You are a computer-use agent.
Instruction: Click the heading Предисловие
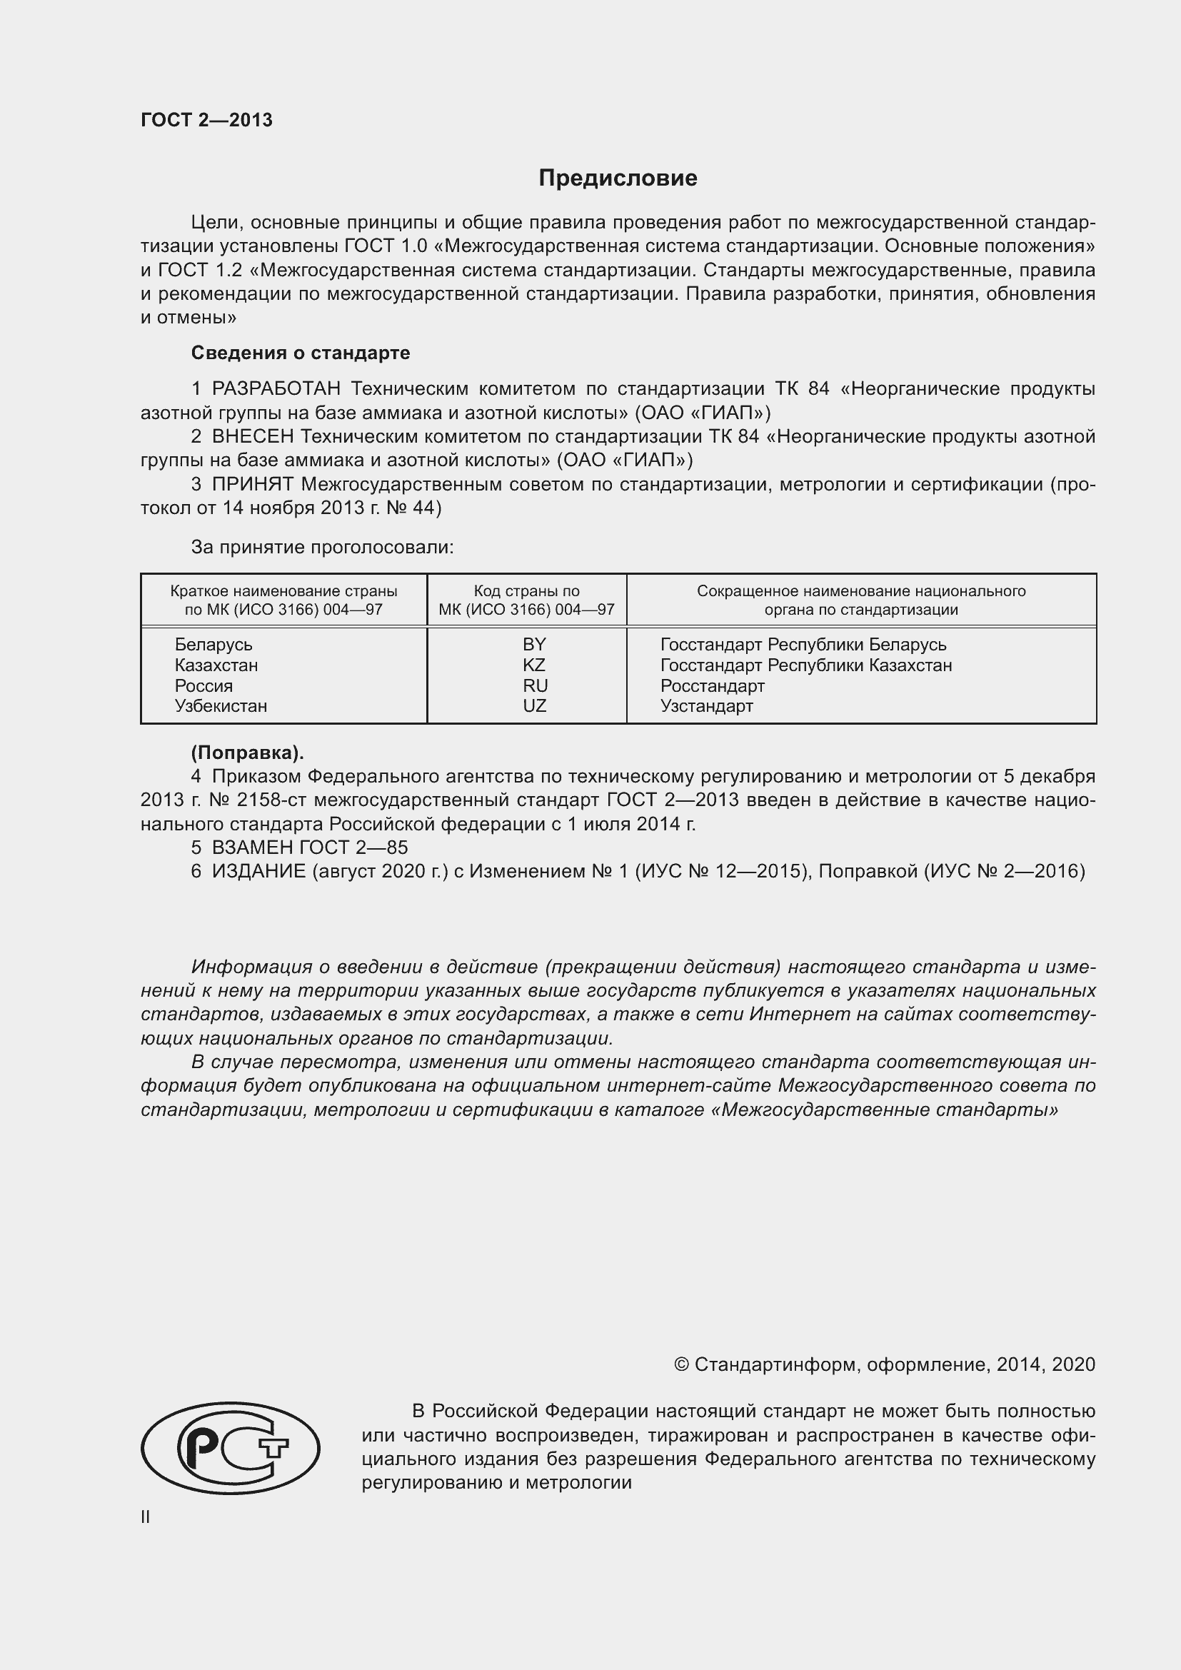[618, 178]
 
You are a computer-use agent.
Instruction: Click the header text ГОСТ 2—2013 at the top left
[206, 120]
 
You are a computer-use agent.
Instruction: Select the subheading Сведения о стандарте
[301, 353]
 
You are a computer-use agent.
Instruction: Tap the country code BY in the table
[534, 645]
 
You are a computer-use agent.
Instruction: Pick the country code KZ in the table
[534, 665]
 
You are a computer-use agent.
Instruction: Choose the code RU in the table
[535, 685]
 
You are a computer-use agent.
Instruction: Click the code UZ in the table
[535, 705]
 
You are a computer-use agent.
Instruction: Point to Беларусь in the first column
[213, 645]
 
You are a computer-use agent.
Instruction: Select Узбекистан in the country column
[221, 705]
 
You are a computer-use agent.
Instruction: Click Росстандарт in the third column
[712, 685]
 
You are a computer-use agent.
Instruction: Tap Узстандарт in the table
[706, 705]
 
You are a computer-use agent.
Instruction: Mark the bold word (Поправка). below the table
[247, 753]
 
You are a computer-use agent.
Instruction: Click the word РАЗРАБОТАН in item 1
[276, 389]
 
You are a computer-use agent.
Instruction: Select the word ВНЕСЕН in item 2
[253, 436]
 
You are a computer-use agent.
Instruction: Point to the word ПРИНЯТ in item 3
[252, 484]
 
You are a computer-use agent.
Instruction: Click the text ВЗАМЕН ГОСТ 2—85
[310, 847]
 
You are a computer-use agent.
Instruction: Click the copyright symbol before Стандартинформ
[680, 1364]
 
